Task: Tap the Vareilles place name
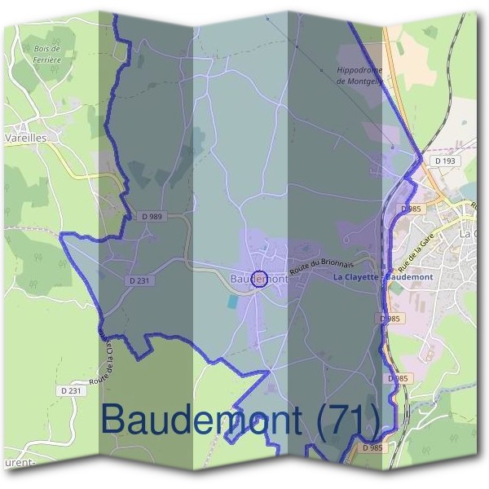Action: (25, 139)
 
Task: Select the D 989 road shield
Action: (152, 216)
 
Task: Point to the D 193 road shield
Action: (446, 161)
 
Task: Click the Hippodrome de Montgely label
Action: (359, 77)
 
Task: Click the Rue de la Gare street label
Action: (412, 253)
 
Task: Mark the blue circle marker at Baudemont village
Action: (259, 279)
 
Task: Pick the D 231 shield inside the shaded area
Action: (139, 280)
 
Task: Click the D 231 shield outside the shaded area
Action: (72, 390)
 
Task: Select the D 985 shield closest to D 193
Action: (411, 209)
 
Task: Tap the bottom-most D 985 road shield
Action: (371, 448)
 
